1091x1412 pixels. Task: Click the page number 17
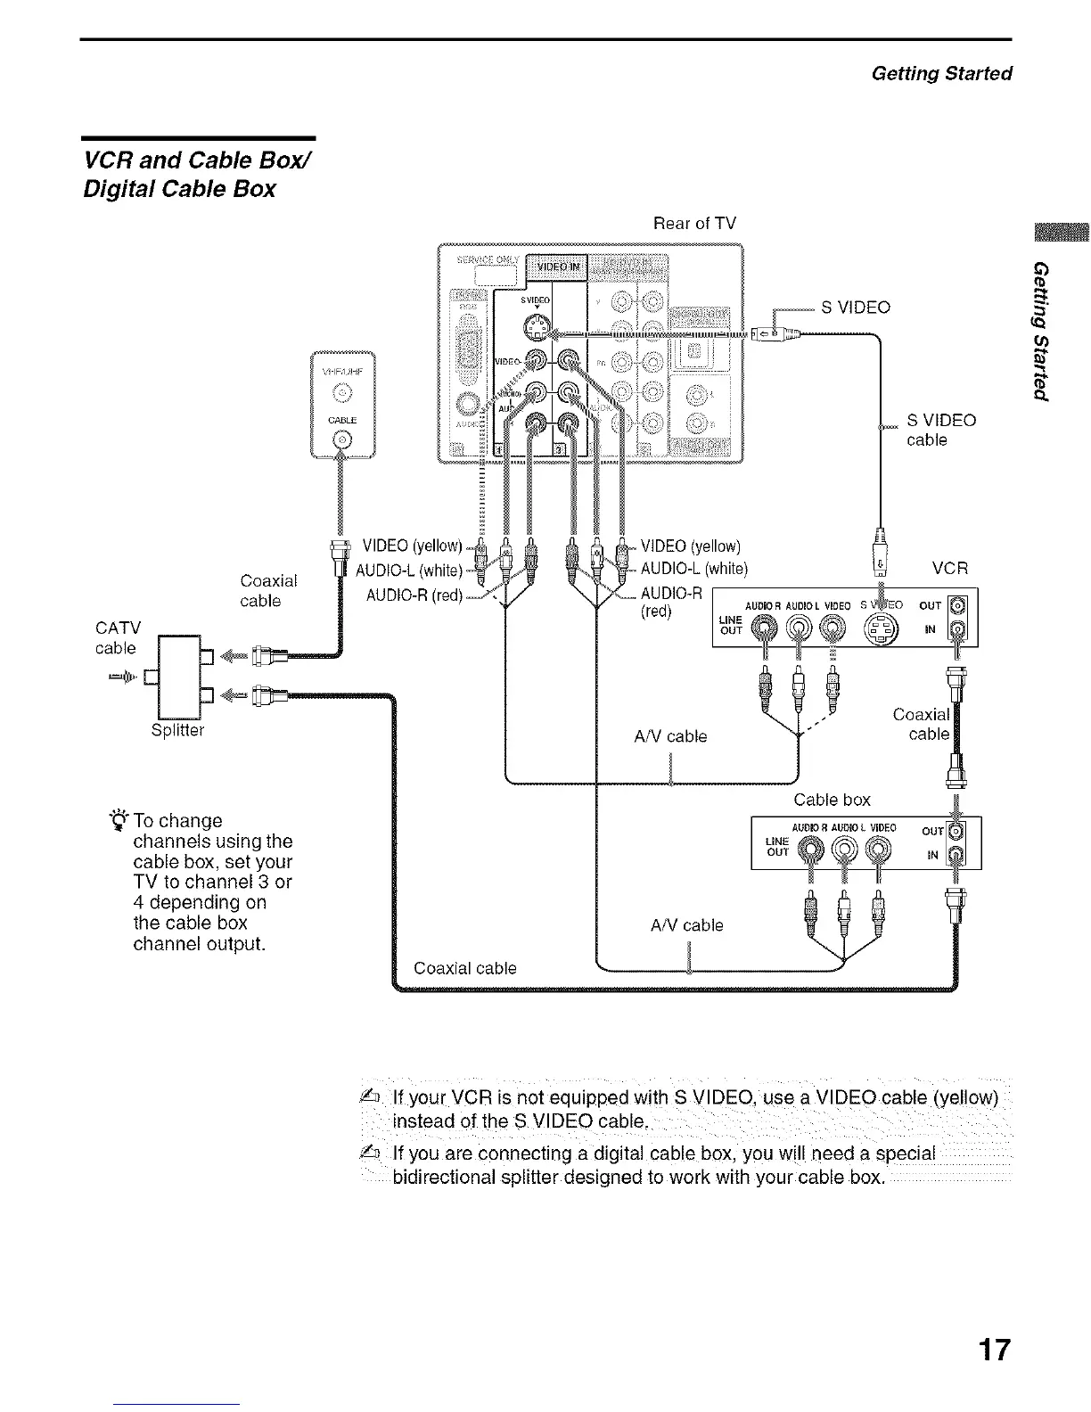[995, 1350]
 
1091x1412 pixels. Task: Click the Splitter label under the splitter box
[177, 730]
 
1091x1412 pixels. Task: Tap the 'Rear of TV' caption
[694, 223]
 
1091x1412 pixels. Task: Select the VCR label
[949, 568]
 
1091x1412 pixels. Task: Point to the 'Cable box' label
[832, 799]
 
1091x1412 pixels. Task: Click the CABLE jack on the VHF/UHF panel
[343, 439]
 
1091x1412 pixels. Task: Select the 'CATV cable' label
[117, 638]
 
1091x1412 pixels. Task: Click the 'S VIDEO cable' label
[940, 430]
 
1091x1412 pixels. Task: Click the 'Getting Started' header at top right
[941, 73]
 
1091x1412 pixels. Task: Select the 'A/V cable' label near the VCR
[669, 736]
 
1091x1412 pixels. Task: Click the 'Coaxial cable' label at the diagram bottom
[464, 968]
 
